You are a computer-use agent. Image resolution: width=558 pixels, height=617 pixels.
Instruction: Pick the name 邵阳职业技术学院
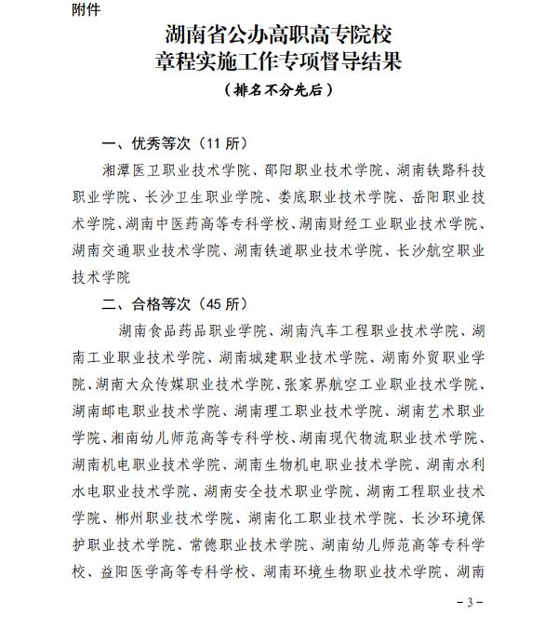[316, 171]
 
